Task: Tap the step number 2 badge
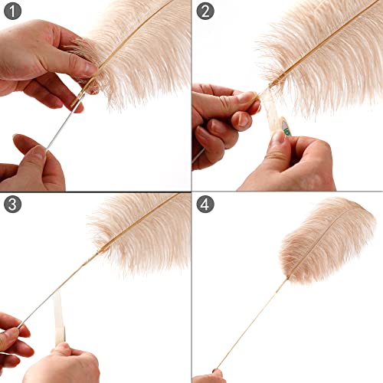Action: click(x=205, y=12)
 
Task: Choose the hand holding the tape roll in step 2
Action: click(x=295, y=161)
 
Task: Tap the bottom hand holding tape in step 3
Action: click(x=65, y=364)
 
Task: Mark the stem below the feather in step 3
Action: click(x=61, y=283)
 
